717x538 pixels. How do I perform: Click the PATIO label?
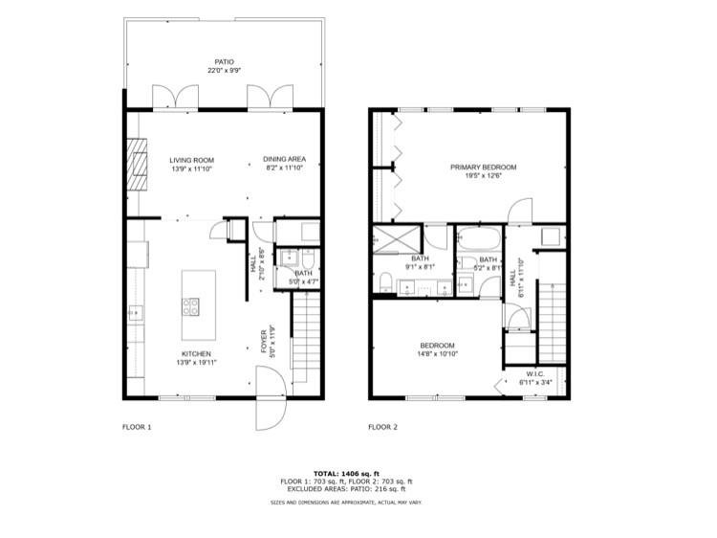coord(224,62)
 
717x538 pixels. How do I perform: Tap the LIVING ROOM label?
coord(191,160)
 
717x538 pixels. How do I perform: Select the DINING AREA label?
coord(284,160)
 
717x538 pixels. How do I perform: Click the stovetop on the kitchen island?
coord(191,307)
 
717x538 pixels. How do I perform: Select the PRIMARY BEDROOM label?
coord(484,168)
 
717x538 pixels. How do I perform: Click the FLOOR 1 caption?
coord(137,427)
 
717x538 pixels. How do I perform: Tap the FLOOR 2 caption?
coord(383,427)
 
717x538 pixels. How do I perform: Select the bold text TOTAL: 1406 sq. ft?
coord(346,473)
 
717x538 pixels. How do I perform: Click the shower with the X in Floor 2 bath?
coord(390,239)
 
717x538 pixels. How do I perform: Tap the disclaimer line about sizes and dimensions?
coord(346,502)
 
